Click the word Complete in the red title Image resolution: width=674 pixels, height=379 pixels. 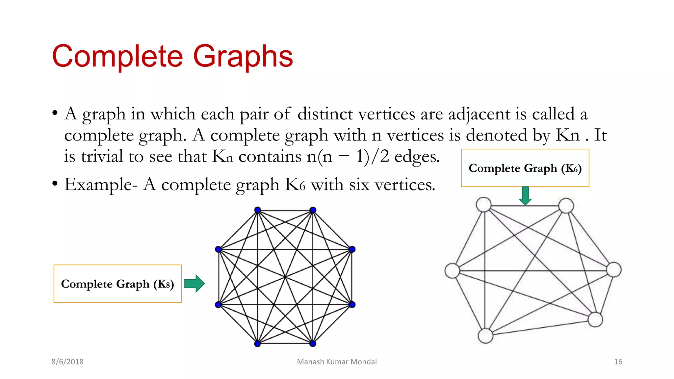[117, 57]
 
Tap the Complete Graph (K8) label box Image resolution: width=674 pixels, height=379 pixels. [117, 284]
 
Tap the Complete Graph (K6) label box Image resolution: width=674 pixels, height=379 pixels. [525, 168]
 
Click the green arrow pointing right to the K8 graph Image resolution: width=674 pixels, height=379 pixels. [195, 284]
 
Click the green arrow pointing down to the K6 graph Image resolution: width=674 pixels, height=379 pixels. [525, 195]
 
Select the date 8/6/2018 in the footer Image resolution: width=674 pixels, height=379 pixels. [67, 362]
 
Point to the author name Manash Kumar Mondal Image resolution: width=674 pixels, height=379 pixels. [337, 362]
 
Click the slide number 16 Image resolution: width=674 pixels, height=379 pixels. [618, 362]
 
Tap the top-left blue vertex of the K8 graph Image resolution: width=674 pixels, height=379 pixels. [258, 210]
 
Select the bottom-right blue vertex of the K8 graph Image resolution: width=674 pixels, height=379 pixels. [313, 344]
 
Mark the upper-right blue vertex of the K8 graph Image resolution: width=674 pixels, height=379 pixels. [352, 249]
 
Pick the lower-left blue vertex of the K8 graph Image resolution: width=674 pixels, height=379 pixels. [218, 305]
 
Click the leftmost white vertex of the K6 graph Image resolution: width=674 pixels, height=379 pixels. [452, 271]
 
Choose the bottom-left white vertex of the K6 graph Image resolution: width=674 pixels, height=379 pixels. [485, 336]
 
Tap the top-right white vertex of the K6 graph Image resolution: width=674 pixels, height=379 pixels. [566, 206]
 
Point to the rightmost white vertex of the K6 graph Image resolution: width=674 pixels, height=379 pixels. [614, 270]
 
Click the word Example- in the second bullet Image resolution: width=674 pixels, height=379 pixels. [101, 185]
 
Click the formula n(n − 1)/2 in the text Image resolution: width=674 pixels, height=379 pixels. [348, 157]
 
